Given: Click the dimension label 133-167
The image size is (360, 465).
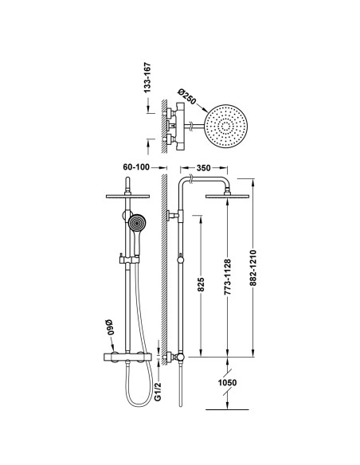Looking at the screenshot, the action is [x=147, y=78].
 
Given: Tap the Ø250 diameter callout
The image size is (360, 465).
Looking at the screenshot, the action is [x=187, y=96].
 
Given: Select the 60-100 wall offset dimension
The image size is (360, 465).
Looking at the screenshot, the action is [x=136, y=167].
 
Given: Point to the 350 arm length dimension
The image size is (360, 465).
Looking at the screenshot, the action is [x=203, y=168].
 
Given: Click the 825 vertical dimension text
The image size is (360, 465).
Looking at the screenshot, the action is [x=201, y=284].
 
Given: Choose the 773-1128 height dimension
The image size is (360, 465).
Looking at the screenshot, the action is [x=227, y=277].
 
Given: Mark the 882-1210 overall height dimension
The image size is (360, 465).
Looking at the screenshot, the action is [x=252, y=268].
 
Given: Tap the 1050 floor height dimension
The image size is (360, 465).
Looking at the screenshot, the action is [x=228, y=382].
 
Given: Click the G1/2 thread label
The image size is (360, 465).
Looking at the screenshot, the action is [x=158, y=392].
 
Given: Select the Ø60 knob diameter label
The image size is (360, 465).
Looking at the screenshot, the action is [x=110, y=327].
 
